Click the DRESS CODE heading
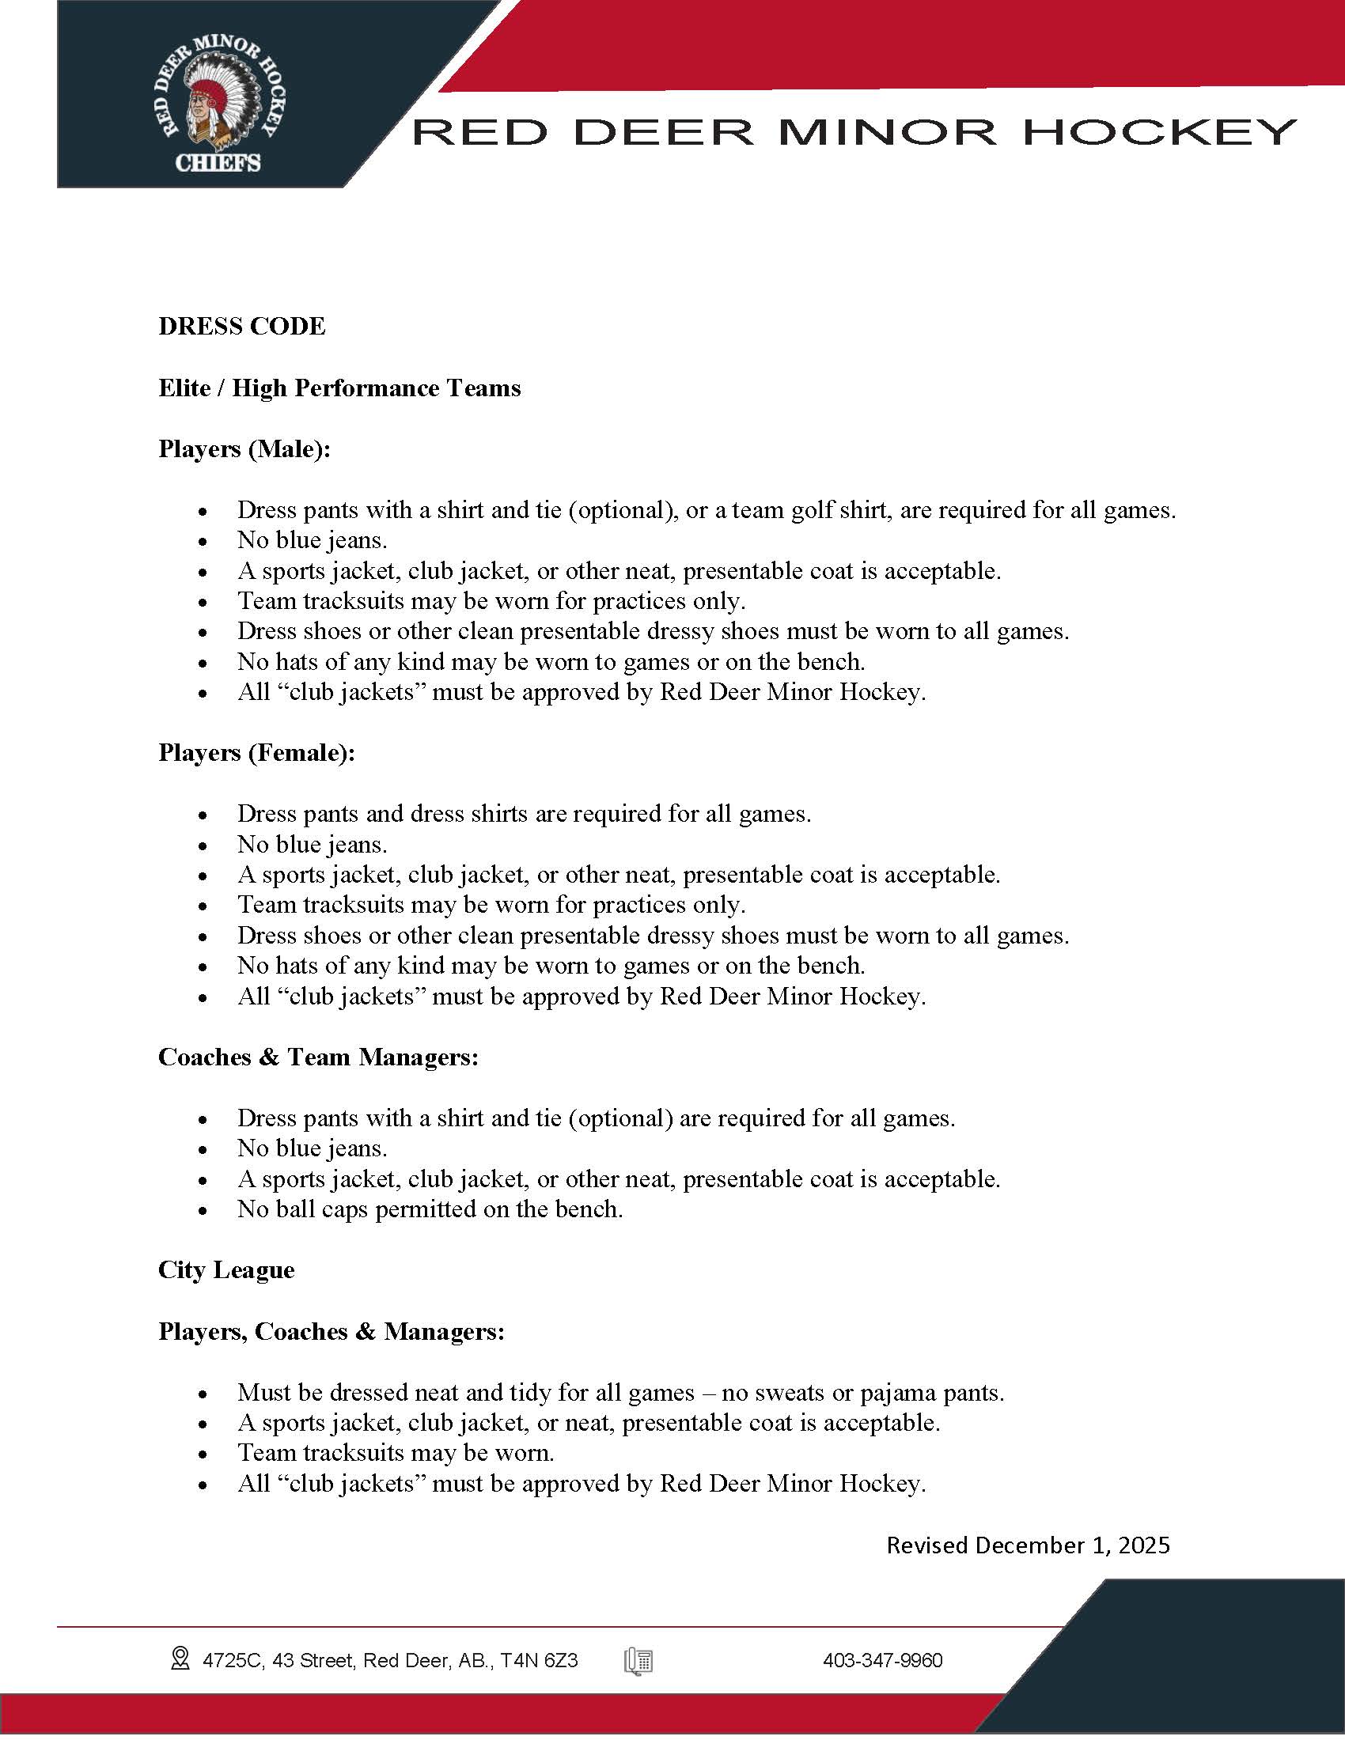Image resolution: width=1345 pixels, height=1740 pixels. click(x=241, y=326)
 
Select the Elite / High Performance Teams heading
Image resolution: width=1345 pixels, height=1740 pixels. click(x=339, y=388)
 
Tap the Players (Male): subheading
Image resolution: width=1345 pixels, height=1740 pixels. click(x=244, y=448)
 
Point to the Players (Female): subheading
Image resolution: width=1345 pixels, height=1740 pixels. click(x=256, y=752)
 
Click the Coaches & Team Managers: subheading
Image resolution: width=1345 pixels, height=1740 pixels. click(x=318, y=1057)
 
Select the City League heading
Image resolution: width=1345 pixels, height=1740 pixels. click(x=226, y=1269)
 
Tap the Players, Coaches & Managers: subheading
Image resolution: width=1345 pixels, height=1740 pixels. click(x=332, y=1331)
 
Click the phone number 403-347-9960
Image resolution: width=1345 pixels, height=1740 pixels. click(x=882, y=1660)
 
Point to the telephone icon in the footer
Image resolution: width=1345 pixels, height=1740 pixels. click(x=639, y=1661)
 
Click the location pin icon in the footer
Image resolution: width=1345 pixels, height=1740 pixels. click(x=180, y=1659)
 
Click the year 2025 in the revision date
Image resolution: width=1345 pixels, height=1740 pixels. click(x=1143, y=1545)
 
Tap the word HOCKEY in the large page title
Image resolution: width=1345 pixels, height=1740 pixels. click(x=1159, y=132)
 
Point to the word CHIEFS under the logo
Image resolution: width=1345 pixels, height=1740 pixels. click(x=218, y=164)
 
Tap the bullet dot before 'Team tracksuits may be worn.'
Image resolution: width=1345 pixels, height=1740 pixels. click(x=204, y=1454)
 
